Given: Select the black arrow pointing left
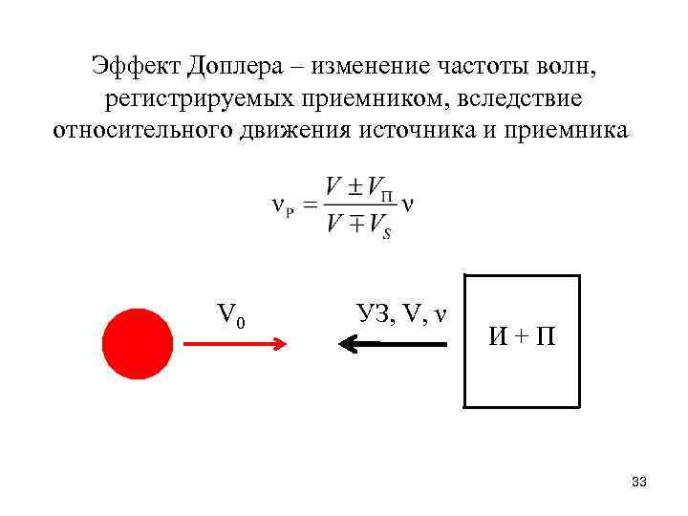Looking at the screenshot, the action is pos(393,343).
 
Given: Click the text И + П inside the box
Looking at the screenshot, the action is pos(522,337).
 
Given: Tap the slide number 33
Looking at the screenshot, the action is pos(639,483).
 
